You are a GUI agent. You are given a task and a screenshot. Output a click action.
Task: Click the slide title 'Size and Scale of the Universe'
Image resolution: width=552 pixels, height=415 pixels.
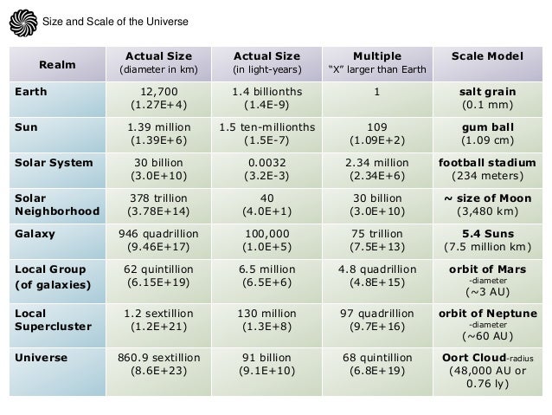[115, 21]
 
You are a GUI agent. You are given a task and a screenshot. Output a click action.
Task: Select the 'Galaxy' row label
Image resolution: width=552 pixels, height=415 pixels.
[32, 231]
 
